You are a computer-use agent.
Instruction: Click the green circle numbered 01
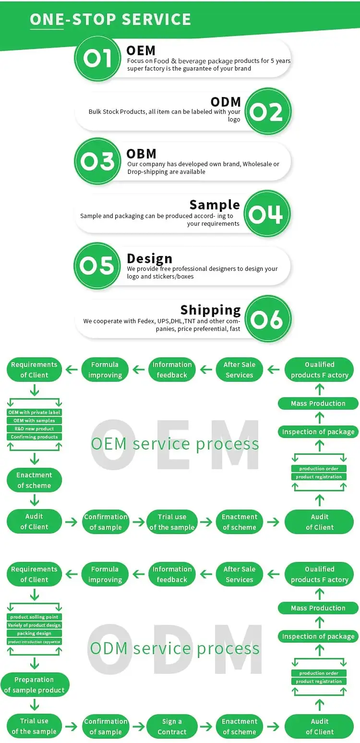tap(97, 59)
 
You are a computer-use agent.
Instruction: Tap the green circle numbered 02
tap(267, 111)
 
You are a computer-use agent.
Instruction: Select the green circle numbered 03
tap(97, 161)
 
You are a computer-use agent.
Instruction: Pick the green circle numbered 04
tap(267, 214)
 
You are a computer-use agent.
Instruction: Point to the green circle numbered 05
tap(97, 266)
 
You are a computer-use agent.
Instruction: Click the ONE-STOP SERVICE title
tap(110, 19)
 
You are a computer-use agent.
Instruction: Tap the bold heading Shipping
tap(210, 310)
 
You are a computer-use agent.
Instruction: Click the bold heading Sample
tap(215, 205)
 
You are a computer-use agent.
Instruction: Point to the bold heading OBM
tap(141, 154)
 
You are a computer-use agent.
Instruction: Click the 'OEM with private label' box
tap(35, 413)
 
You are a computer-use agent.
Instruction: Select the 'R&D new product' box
tap(35, 429)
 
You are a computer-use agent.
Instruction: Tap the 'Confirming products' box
tap(35, 437)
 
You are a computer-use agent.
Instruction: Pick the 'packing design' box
tap(35, 633)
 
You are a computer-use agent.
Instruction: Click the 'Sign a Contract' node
tap(172, 727)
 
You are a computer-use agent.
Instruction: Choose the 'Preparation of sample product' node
tap(35, 685)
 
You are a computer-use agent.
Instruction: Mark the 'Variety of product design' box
tap(35, 625)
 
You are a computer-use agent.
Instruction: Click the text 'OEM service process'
tap(175, 444)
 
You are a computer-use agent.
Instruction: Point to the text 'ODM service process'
tap(175, 648)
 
